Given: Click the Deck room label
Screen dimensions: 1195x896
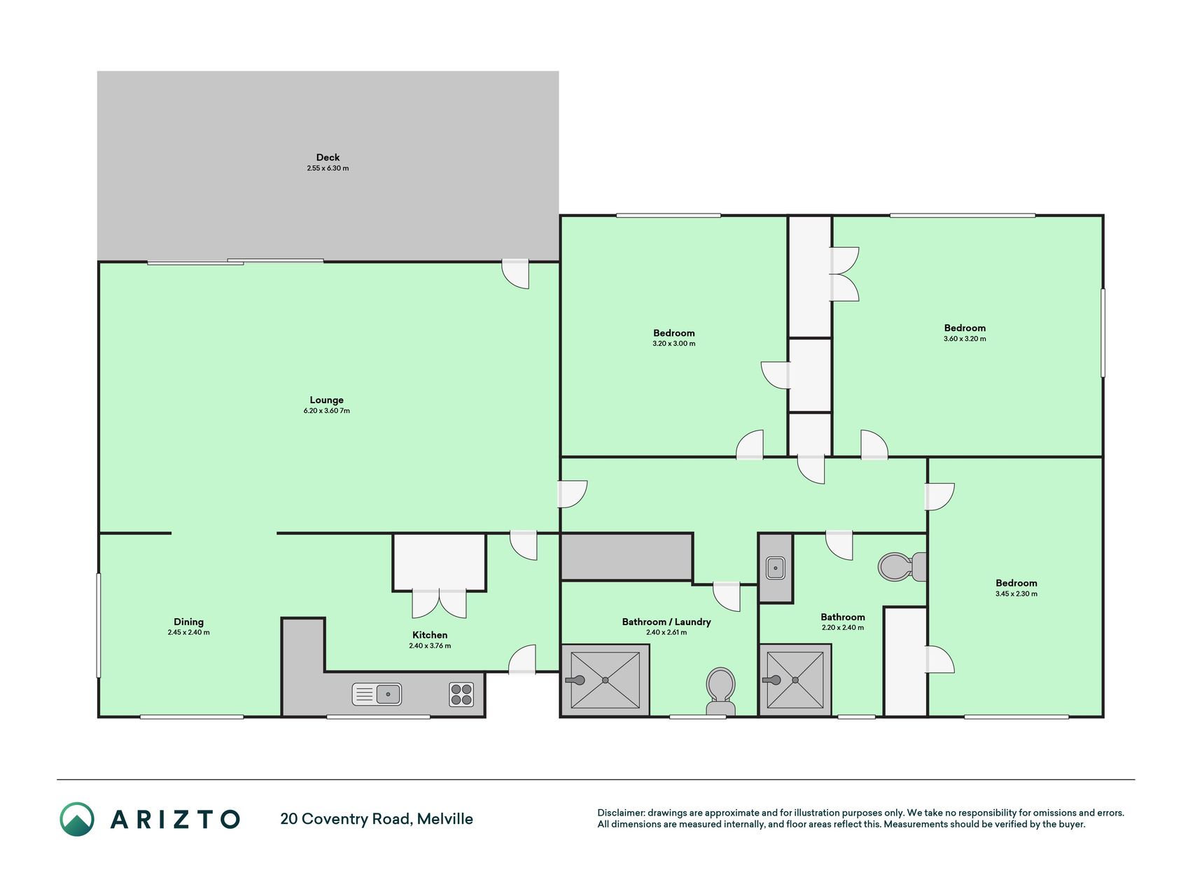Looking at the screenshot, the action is [328, 157].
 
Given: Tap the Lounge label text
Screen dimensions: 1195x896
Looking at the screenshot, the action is [327, 400].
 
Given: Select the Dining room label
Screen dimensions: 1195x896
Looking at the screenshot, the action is [188, 622].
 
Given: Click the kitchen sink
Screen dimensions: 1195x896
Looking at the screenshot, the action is [377, 694].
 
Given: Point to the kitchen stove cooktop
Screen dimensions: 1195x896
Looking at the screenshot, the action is [461, 694].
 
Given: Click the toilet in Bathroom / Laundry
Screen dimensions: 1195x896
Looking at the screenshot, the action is [720, 692].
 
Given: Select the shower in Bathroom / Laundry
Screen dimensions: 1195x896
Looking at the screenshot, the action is [606, 680].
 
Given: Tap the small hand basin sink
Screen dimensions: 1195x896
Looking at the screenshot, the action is [776, 568].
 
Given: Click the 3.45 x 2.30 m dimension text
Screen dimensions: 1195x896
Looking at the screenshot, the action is [1016, 594].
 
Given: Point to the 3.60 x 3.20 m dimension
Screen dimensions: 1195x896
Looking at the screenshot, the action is [965, 339].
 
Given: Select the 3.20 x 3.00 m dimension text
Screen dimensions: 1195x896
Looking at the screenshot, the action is [674, 344].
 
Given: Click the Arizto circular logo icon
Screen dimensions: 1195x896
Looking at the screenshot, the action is [77, 819].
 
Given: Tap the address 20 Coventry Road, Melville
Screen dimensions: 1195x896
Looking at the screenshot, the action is [377, 819].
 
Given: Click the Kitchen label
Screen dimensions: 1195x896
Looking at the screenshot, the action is [430, 635].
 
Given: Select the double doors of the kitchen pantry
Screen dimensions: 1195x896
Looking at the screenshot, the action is [440, 604].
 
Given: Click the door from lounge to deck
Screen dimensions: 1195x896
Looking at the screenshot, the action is [515, 274].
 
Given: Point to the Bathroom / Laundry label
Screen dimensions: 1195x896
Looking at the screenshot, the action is [666, 622].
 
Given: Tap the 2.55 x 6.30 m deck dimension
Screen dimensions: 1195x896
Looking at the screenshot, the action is [328, 168].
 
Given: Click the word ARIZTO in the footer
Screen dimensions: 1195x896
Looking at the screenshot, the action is [175, 819].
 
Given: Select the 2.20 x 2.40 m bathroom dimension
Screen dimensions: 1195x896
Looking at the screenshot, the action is [843, 627].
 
